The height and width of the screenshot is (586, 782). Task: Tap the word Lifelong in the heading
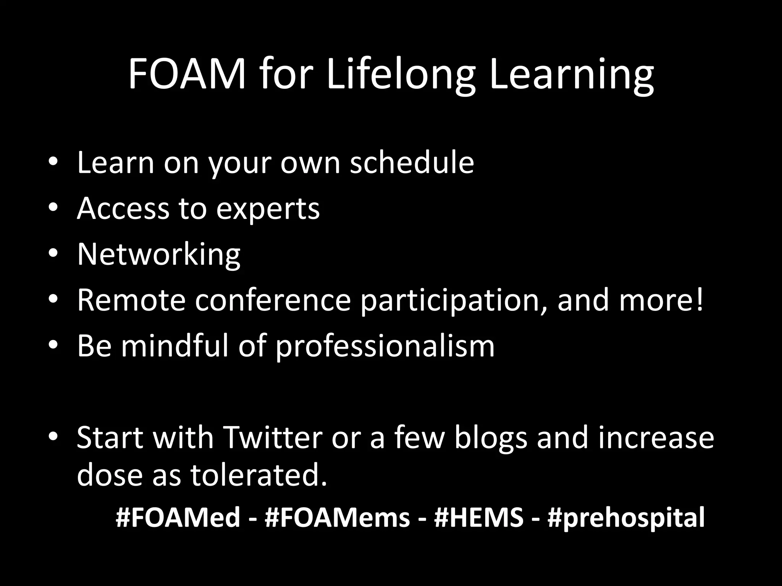[401, 75]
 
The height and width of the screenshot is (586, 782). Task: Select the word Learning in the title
[571, 75]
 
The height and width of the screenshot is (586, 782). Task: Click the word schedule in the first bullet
[412, 163]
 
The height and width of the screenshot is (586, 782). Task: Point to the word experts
[268, 209]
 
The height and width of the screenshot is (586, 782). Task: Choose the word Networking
[159, 254]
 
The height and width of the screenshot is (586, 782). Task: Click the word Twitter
[273, 437]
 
